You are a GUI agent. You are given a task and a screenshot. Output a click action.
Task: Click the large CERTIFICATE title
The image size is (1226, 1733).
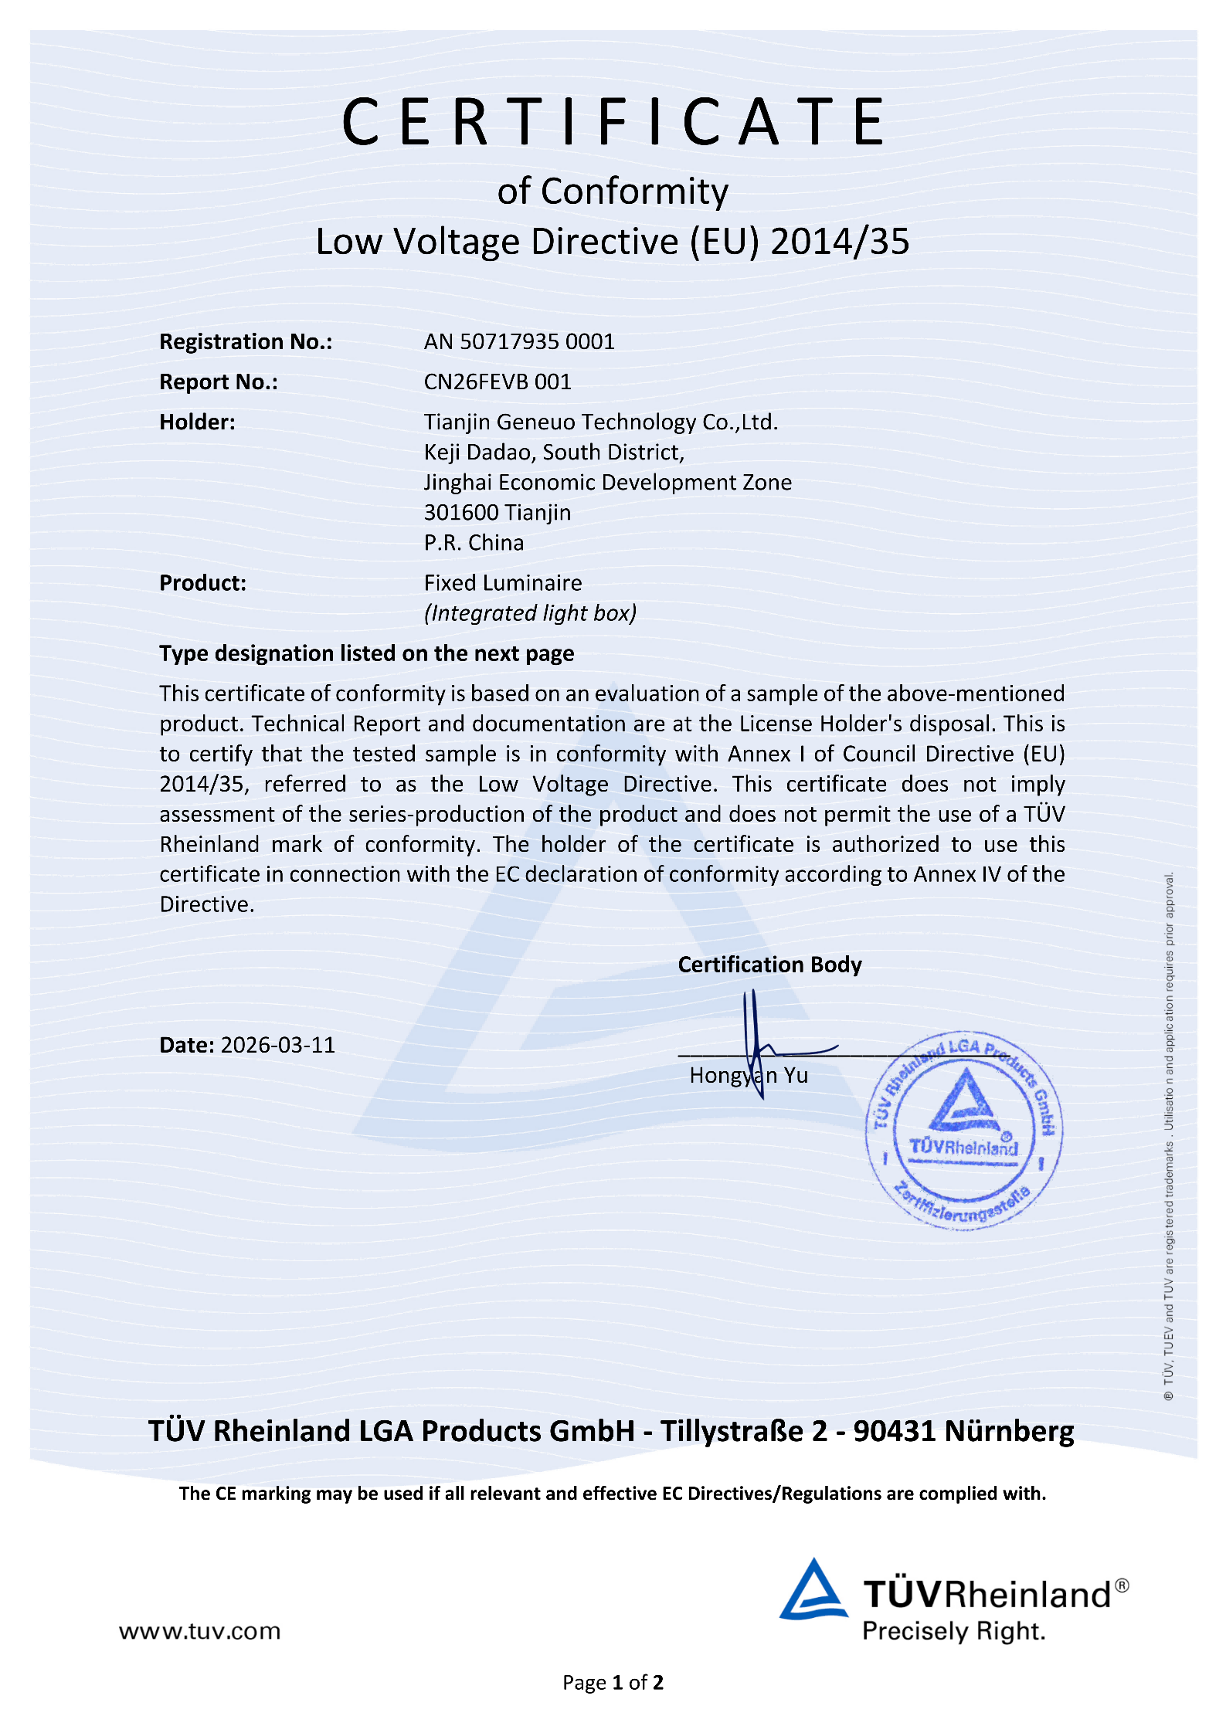(614, 122)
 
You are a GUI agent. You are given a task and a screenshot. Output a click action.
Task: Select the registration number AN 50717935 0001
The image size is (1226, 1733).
(519, 341)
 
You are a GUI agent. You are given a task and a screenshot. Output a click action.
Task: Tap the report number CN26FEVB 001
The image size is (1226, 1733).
(498, 382)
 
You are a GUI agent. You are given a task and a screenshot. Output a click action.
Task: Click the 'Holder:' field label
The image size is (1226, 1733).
(197, 422)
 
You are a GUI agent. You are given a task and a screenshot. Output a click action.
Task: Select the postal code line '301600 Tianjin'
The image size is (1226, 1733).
(498, 512)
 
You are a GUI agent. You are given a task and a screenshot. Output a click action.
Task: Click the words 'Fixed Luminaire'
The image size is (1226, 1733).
(503, 582)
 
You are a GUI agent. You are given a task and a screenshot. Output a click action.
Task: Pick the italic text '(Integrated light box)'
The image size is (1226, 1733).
(530, 613)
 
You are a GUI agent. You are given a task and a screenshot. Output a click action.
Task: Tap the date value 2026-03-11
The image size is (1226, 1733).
(278, 1045)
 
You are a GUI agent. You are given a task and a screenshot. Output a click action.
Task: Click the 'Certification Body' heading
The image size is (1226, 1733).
(769, 965)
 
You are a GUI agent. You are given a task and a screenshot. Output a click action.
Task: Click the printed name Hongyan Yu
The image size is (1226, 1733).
(749, 1076)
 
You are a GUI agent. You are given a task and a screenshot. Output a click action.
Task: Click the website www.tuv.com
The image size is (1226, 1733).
(199, 1631)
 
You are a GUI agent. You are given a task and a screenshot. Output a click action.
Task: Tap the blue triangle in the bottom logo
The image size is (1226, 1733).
(813, 1591)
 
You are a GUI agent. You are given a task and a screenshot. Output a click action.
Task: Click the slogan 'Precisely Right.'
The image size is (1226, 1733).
(953, 1631)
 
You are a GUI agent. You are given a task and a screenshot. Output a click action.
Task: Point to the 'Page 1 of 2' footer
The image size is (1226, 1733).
(613, 1682)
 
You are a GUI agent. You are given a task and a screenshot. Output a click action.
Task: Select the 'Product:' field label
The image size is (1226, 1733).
(202, 582)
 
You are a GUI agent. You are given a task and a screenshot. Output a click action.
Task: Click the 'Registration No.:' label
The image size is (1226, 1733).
(246, 341)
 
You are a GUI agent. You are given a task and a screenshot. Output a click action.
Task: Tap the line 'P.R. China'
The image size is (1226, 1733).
(474, 543)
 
